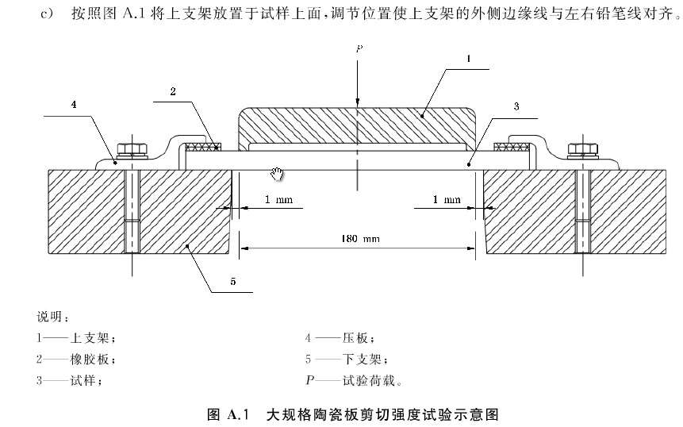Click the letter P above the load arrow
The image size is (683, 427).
(359, 49)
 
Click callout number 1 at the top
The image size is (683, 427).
(469, 58)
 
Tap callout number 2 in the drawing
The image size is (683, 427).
(171, 92)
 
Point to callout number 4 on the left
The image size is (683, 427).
(74, 104)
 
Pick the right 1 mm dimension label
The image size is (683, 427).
(447, 200)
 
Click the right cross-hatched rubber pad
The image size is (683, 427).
(512, 146)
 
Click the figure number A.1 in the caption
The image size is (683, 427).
(238, 414)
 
